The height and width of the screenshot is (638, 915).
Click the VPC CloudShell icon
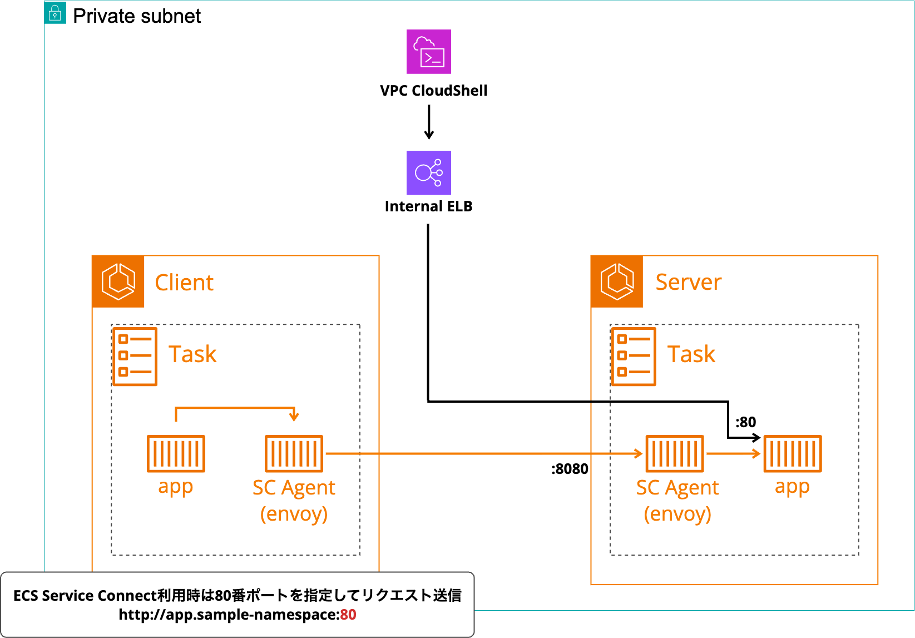tap(428, 52)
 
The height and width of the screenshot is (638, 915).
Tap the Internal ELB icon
tap(428, 173)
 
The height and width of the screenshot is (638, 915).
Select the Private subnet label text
tap(137, 16)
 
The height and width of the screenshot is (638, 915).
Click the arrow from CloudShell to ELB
tap(429, 122)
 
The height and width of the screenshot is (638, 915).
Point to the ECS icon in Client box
tap(118, 281)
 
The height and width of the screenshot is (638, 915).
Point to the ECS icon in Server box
tap(617, 281)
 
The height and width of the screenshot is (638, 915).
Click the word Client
tap(184, 283)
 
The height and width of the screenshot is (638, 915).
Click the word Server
tap(688, 282)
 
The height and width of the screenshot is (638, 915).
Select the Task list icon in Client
tap(135, 357)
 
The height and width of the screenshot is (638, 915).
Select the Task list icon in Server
tap(634, 357)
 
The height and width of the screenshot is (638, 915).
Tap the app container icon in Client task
tap(176, 453)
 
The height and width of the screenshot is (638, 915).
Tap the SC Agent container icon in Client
tap(294, 453)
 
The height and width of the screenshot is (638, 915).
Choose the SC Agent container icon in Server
tap(675, 453)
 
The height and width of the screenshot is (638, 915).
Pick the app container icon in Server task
tap(792, 453)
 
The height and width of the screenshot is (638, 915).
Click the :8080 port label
tap(570, 469)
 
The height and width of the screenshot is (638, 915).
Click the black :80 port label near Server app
tap(745, 422)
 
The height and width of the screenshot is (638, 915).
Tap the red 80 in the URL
tap(348, 615)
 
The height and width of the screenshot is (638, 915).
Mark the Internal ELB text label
tap(428, 206)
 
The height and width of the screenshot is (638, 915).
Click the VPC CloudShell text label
tap(433, 91)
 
